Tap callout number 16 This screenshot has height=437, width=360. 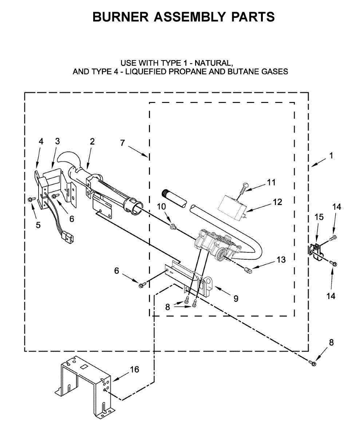pos(134,369)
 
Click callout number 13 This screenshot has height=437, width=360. pos(281,260)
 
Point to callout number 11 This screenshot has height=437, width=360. pos(271,182)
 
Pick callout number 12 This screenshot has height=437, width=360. pos(277,201)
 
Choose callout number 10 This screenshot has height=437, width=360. pos(161,206)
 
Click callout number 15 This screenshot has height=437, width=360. pos(319,217)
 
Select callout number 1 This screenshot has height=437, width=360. pos(331,155)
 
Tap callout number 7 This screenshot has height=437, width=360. pos(122,143)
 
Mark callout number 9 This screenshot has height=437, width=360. pos(236,299)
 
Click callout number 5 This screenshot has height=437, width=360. pos(38,225)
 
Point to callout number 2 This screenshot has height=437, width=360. pos(92,141)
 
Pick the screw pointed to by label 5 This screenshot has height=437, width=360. pos(31,198)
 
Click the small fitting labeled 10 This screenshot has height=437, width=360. pos(173,228)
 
